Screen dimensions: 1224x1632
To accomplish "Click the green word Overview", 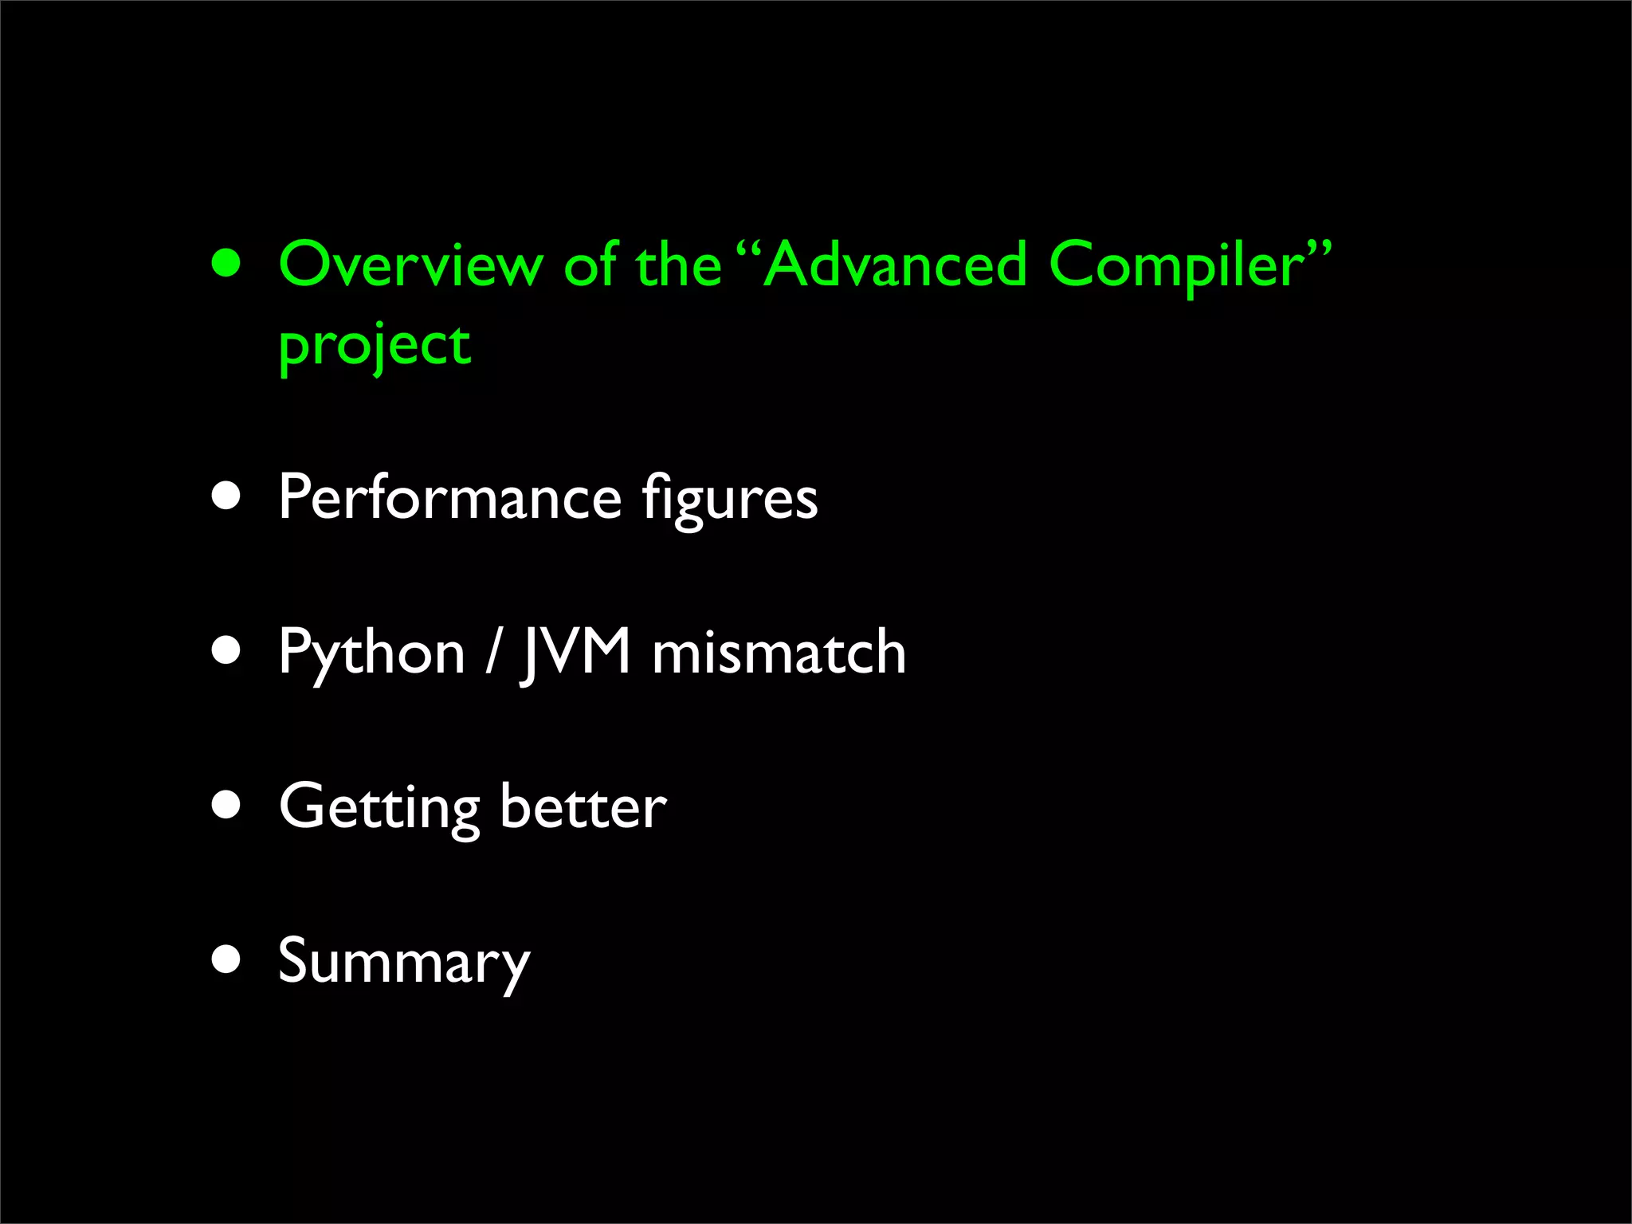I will (410, 265).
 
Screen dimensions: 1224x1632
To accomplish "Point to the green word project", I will (375, 347).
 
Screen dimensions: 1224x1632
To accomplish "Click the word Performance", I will (449, 498).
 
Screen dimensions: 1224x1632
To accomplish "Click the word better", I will (584, 806).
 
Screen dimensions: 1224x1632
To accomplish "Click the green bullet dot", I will (227, 264).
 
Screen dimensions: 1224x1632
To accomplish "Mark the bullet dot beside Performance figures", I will (227, 496).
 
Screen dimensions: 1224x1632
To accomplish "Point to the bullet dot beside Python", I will (227, 650).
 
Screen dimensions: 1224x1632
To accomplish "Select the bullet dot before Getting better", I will (227, 805).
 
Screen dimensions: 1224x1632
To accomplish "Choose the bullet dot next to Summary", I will (227, 959).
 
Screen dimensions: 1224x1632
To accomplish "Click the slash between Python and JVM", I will (494, 652).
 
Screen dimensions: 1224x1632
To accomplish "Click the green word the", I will (678, 265).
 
